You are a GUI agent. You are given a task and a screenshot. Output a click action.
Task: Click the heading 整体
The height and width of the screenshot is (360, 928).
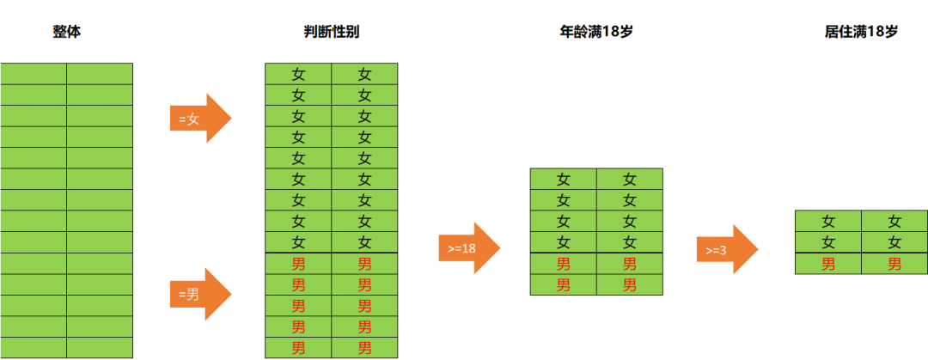(66, 32)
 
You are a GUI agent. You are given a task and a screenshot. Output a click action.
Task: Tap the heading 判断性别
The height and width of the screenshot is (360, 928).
(331, 32)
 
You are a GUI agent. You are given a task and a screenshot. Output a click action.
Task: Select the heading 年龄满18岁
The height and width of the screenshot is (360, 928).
(596, 32)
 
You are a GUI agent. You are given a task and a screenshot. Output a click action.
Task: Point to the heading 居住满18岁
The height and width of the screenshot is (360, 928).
(861, 32)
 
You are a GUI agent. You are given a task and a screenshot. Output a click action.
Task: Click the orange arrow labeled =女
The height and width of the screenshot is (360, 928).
(200, 119)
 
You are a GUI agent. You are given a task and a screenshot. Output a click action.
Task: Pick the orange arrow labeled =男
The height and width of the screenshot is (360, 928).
(200, 294)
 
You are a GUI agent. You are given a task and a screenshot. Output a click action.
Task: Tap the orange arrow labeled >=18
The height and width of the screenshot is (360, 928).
(469, 248)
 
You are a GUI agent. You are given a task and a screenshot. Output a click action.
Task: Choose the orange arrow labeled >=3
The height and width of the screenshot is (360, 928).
(728, 249)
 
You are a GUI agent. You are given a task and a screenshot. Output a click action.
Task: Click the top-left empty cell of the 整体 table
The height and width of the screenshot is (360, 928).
(34, 74)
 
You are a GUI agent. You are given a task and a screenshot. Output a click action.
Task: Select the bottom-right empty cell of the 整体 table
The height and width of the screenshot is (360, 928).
(100, 348)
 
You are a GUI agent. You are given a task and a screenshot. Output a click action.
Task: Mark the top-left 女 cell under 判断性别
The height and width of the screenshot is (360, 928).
(298, 74)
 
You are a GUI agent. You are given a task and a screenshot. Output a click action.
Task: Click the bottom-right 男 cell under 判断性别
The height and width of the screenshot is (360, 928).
(364, 348)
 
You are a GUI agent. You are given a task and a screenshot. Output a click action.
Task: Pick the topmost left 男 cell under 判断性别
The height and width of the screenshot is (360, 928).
(298, 264)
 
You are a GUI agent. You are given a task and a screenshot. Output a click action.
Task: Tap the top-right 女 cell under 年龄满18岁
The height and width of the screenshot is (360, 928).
(630, 179)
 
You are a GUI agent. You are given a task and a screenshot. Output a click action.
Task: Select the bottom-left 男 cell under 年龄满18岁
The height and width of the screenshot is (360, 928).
(564, 284)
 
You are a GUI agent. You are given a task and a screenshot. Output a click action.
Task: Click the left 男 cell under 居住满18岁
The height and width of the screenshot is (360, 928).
(828, 264)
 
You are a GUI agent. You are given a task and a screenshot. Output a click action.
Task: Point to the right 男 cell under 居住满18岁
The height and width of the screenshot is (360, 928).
(894, 264)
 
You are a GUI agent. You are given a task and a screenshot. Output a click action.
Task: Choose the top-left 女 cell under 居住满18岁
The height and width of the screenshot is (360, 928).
(828, 222)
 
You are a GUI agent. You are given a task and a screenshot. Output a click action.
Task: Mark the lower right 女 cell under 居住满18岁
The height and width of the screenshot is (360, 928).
(894, 242)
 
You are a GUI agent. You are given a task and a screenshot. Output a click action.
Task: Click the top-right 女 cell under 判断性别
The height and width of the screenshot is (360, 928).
(364, 74)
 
